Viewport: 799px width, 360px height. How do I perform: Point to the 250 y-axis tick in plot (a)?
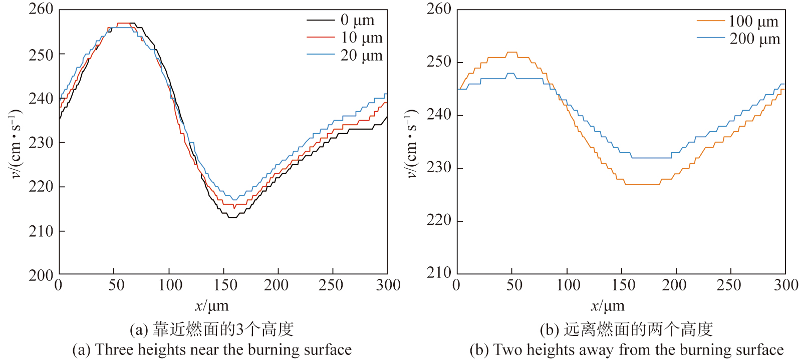point(41,55)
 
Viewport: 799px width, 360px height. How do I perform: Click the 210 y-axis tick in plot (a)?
point(41,231)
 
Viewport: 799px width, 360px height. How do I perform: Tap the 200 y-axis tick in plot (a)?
point(41,275)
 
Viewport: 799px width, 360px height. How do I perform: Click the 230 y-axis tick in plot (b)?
point(438,167)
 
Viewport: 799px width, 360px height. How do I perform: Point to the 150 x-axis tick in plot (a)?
point(225,285)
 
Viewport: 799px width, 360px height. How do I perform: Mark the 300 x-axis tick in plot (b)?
point(785,285)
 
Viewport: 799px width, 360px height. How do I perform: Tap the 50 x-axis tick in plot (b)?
point(514,285)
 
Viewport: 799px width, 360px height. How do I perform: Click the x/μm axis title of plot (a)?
point(212,305)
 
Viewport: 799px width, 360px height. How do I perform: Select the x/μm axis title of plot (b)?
point(608,305)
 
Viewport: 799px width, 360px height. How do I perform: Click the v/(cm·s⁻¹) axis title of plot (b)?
point(411,143)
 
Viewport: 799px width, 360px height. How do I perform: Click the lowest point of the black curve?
point(232,217)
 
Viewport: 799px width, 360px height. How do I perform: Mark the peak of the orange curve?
point(511,52)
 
